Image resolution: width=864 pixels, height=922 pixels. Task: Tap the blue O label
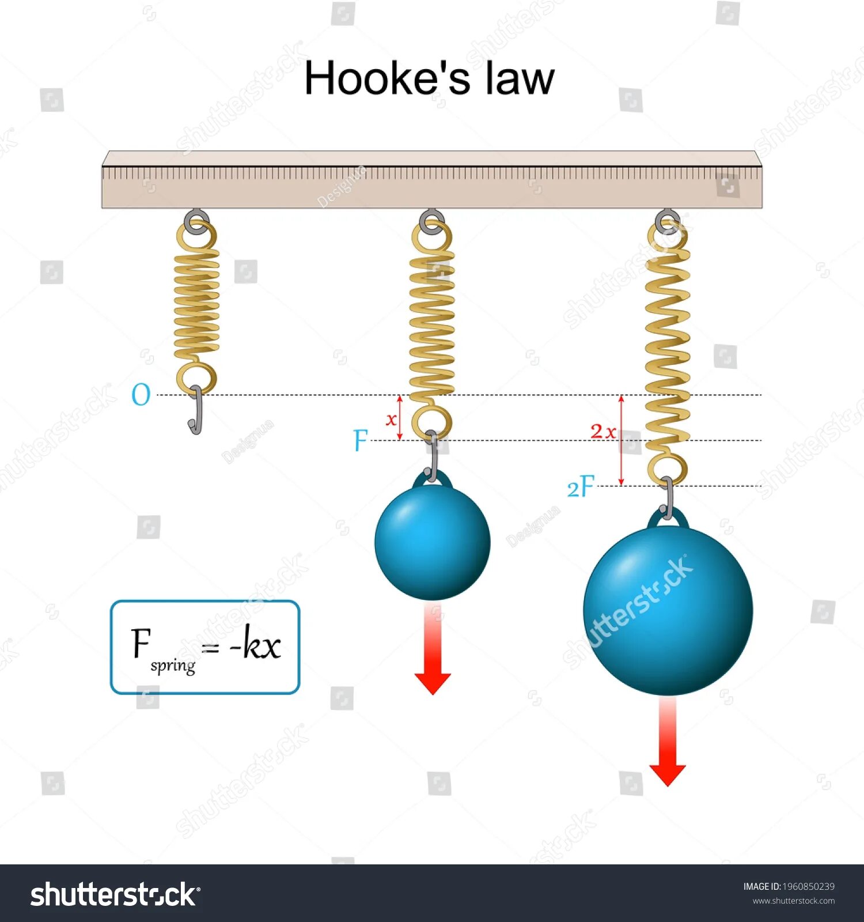click(x=141, y=395)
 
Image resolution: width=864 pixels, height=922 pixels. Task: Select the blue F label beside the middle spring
click(x=361, y=441)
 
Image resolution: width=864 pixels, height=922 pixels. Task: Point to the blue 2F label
click(x=581, y=488)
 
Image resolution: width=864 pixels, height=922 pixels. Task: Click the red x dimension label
click(x=391, y=419)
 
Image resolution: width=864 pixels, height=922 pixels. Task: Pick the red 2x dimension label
click(x=603, y=431)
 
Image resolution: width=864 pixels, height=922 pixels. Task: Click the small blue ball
click(x=432, y=542)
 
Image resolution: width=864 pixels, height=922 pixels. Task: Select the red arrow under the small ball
click(x=433, y=651)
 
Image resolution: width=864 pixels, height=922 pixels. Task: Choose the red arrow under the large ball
click(x=668, y=743)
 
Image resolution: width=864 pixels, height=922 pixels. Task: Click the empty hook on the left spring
click(x=196, y=410)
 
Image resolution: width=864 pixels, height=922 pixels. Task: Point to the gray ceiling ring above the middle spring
click(x=431, y=221)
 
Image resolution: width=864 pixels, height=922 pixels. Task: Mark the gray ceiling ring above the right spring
click(x=668, y=221)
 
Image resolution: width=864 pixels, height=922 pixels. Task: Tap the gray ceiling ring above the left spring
click(x=196, y=221)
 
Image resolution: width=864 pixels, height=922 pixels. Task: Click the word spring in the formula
click(x=173, y=666)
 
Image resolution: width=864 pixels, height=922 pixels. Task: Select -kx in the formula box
click(x=255, y=644)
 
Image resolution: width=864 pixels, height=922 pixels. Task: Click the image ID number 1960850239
click(x=808, y=886)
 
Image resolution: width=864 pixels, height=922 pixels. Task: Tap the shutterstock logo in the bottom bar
click(x=115, y=895)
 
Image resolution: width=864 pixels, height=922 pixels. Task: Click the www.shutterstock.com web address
click(x=793, y=901)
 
